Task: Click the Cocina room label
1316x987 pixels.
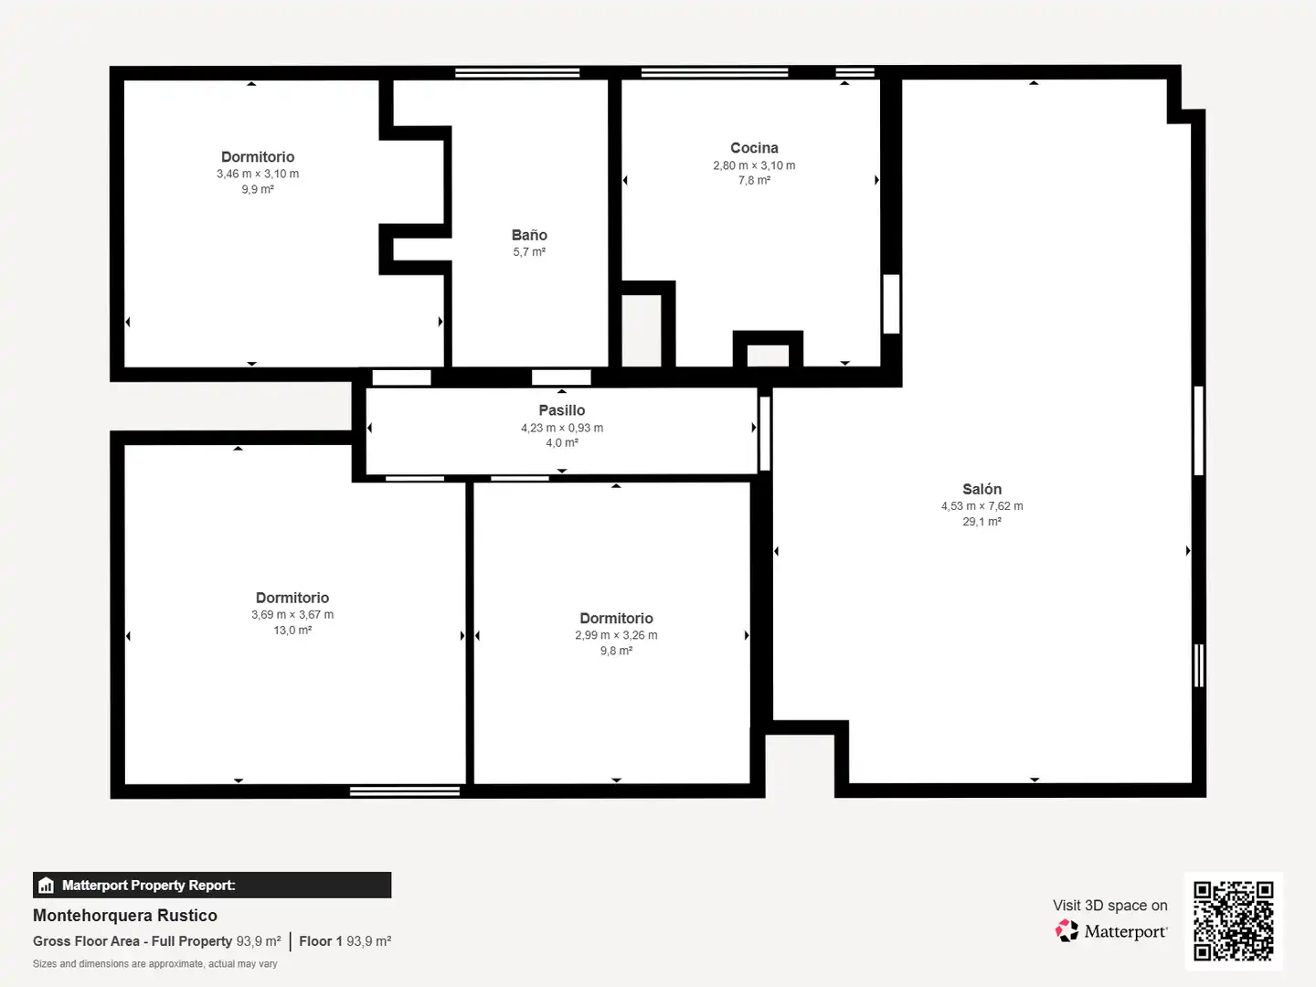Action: pyautogui.click(x=754, y=148)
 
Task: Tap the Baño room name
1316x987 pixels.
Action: pyautogui.click(x=529, y=235)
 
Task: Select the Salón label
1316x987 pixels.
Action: pyautogui.click(x=982, y=489)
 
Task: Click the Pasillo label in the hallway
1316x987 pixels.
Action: pyautogui.click(x=562, y=410)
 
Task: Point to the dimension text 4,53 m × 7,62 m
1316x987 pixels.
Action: pyautogui.click(x=982, y=506)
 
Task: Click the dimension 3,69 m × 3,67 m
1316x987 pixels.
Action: pyautogui.click(x=292, y=615)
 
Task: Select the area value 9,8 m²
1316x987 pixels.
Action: pyautogui.click(x=616, y=651)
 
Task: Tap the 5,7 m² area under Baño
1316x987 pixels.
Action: pyautogui.click(x=529, y=252)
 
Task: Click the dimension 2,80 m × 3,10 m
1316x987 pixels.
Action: pyautogui.click(x=754, y=165)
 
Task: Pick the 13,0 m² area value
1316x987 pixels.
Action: pyautogui.click(x=292, y=631)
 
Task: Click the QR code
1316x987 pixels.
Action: pyautogui.click(x=1233, y=920)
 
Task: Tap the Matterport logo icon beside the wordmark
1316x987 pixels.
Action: pyautogui.click(x=1067, y=930)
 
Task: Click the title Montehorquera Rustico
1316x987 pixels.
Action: pyautogui.click(x=124, y=916)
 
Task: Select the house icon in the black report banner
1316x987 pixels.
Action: pyautogui.click(x=47, y=886)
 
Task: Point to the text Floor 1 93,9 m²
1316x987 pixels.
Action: pyautogui.click(x=345, y=941)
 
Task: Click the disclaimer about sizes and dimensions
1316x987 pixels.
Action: pyautogui.click(x=154, y=963)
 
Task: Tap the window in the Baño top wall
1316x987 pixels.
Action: pyautogui.click(x=517, y=72)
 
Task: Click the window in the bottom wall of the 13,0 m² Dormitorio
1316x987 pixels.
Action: pyautogui.click(x=405, y=791)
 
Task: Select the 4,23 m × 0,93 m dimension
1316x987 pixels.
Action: pyautogui.click(x=562, y=428)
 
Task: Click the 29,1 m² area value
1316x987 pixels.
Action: pyautogui.click(x=982, y=522)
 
